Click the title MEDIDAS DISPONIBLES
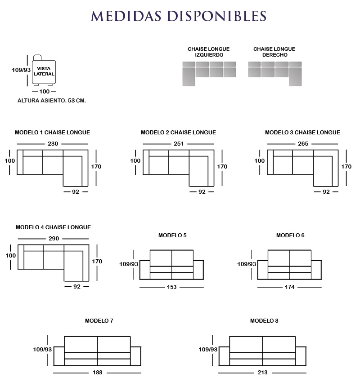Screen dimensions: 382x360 [179, 16]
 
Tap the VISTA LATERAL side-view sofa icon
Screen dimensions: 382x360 [44, 71]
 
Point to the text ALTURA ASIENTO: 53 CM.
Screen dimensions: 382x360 [52, 101]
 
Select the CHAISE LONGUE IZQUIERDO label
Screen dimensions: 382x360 [208, 52]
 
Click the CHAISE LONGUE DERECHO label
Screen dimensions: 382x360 [274, 52]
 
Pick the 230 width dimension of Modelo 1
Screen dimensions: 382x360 [53, 144]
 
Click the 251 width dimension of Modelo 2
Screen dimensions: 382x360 [179, 144]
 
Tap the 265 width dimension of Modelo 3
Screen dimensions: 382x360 [303, 144]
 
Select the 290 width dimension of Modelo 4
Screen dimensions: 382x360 [54, 239]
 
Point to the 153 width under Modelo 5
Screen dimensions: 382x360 [171, 287]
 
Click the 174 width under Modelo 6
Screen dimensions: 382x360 [289, 287]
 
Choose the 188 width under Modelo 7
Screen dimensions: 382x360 [98, 373]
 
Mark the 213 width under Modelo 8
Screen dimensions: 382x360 [263, 373]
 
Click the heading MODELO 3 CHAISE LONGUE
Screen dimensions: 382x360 [302, 133]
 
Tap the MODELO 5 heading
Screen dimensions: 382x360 [172, 235]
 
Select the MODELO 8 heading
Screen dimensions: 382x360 [264, 321]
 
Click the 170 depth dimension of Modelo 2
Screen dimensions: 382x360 [222, 167]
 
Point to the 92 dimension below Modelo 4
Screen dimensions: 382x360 [76, 286]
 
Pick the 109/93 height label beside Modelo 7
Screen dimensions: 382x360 [42, 350]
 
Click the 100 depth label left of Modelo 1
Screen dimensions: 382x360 [10, 161]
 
